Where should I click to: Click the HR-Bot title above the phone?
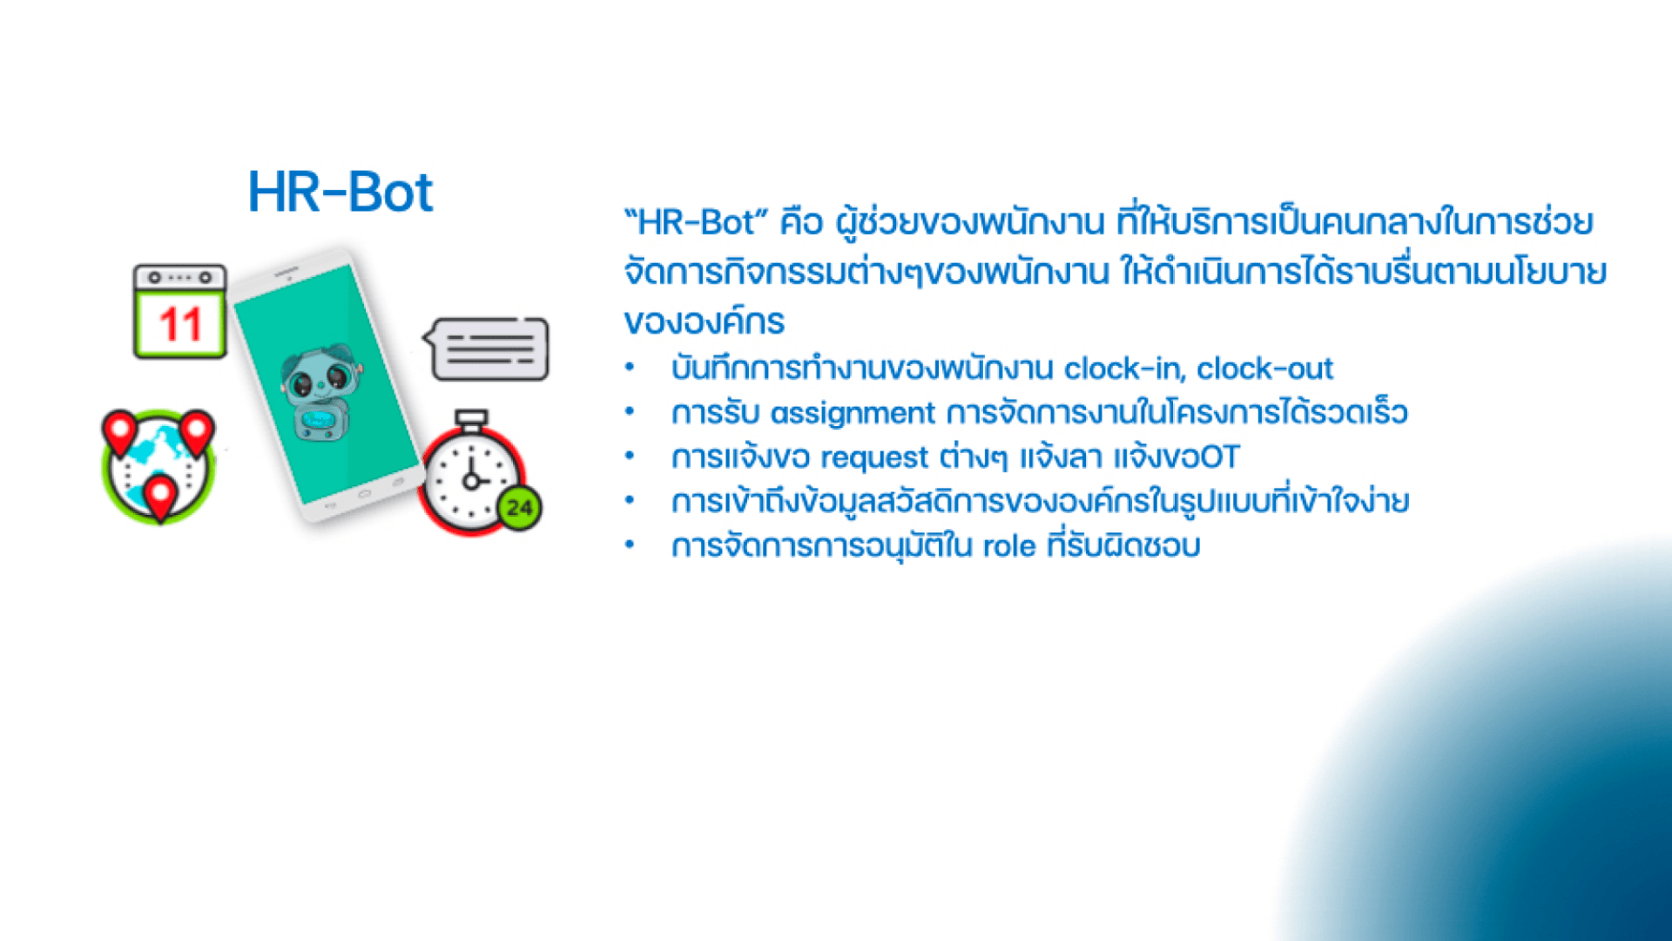pos(340,193)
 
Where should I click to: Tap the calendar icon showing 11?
pos(180,311)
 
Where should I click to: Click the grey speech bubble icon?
pos(487,349)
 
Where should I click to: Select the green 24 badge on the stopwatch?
pos(520,508)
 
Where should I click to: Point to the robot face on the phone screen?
pos(318,380)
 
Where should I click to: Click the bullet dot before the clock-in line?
pos(630,368)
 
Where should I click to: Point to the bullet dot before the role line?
pos(630,545)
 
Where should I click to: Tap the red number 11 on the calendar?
pos(180,325)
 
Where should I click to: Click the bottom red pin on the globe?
pos(160,498)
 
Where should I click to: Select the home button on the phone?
pos(364,494)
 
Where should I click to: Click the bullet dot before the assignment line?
pos(630,412)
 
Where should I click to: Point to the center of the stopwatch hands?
pos(471,481)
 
